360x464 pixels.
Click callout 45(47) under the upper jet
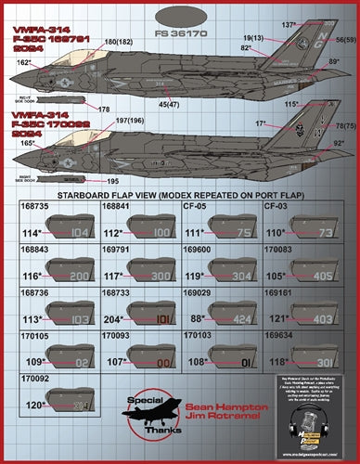pyautogui.click(x=171, y=104)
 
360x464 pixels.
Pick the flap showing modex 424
pyautogui.click(x=239, y=317)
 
